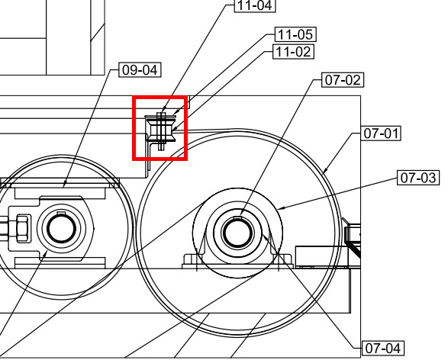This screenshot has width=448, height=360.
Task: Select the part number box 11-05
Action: (x=295, y=35)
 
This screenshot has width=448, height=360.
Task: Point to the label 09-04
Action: (x=140, y=70)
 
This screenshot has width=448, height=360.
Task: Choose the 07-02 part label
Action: (x=343, y=79)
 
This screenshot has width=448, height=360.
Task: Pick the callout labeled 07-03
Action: (x=419, y=178)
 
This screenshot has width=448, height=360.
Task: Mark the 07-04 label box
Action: (x=382, y=349)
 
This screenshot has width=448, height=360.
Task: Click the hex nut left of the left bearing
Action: (x=22, y=227)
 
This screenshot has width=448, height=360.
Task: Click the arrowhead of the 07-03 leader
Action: (x=279, y=208)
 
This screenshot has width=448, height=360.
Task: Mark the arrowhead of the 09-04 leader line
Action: (x=63, y=186)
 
